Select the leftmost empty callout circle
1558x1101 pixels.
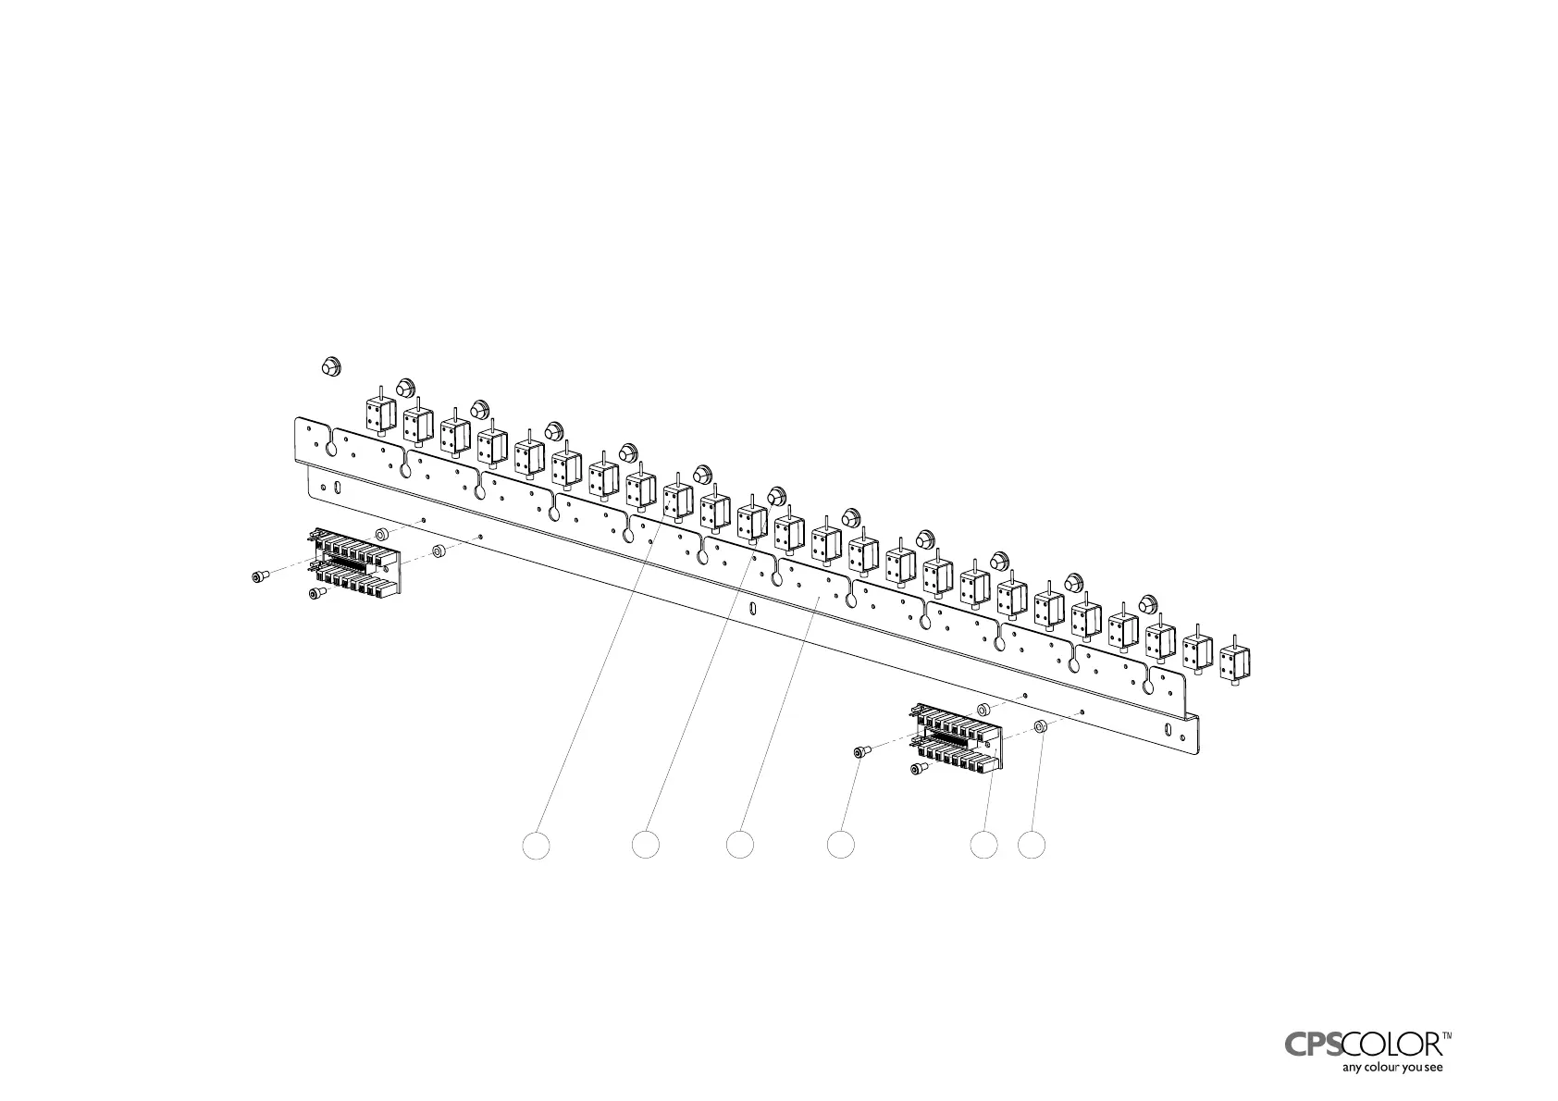[x=536, y=844]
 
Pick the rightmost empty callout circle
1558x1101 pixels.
[x=1032, y=844]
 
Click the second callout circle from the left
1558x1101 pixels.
[x=646, y=844]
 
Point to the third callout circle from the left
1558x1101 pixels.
[x=739, y=844]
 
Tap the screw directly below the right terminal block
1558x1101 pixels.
[x=918, y=769]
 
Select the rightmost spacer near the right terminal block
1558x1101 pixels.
[x=1040, y=726]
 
